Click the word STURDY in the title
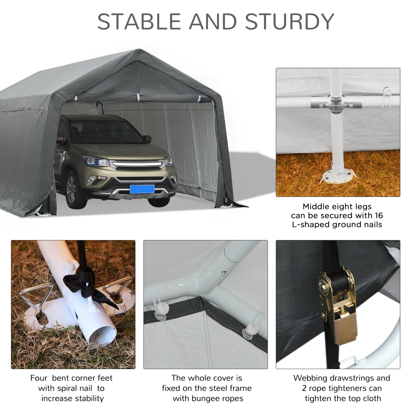(289, 21)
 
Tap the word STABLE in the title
(139, 21)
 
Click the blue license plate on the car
(142, 189)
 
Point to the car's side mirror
(147, 139)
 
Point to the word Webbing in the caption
(309, 378)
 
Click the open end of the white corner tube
(103, 336)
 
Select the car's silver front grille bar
(137, 163)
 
